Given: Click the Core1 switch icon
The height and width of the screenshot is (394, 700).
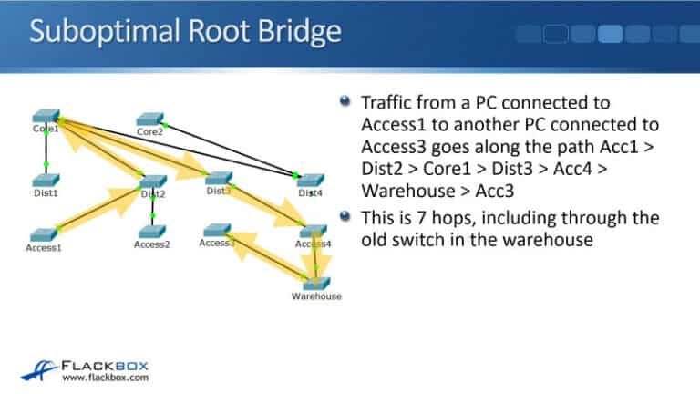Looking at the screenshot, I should [x=45, y=117].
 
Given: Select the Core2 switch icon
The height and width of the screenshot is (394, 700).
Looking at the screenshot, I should [x=150, y=119].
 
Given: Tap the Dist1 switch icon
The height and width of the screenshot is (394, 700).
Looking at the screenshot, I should [x=45, y=180].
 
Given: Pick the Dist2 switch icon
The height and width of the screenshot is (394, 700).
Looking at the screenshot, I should [x=152, y=181].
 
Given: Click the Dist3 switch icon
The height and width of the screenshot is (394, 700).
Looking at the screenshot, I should [x=219, y=179].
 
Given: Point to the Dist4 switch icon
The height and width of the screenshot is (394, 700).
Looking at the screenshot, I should [x=310, y=181].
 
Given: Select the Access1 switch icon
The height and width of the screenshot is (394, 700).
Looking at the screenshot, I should [x=43, y=234].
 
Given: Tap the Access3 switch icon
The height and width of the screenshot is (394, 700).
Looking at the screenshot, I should [x=217, y=231].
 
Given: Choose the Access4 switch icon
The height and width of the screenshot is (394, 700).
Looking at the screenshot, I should [x=313, y=232].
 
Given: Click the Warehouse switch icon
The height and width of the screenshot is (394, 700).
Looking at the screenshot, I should [x=316, y=283].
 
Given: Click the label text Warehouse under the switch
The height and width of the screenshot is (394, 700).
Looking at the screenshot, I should [x=316, y=296].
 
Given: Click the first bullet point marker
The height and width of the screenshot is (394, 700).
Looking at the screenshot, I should [x=344, y=102].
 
